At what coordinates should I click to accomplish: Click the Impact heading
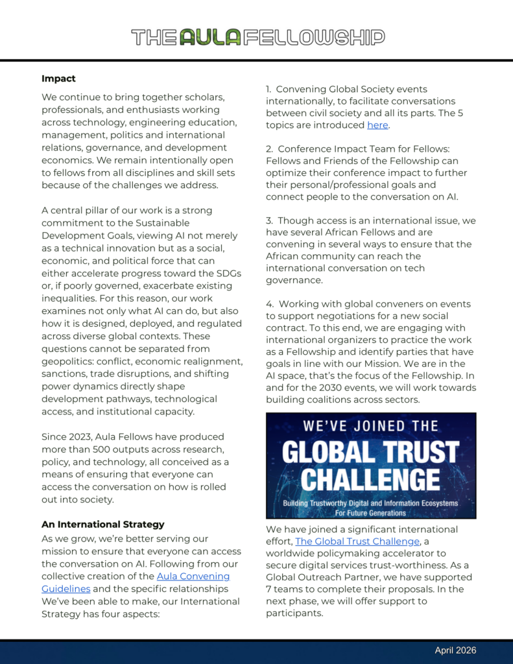pyautogui.click(x=58, y=78)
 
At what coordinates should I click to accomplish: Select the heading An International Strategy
pyautogui.click(x=103, y=524)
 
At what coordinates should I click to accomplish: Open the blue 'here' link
pyautogui.click(x=377, y=125)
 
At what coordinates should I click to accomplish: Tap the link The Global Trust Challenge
pyautogui.click(x=357, y=541)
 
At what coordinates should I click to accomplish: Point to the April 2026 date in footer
pyautogui.click(x=455, y=650)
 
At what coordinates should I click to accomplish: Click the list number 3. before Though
pyautogui.click(x=270, y=220)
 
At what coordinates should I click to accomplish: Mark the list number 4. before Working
pyautogui.click(x=270, y=303)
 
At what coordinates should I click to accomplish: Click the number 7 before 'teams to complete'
pyautogui.click(x=268, y=589)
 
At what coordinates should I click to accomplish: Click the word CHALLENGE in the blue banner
pyautogui.click(x=370, y=480)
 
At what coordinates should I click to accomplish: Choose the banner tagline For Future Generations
pyautogui.click(x=370, y=513)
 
